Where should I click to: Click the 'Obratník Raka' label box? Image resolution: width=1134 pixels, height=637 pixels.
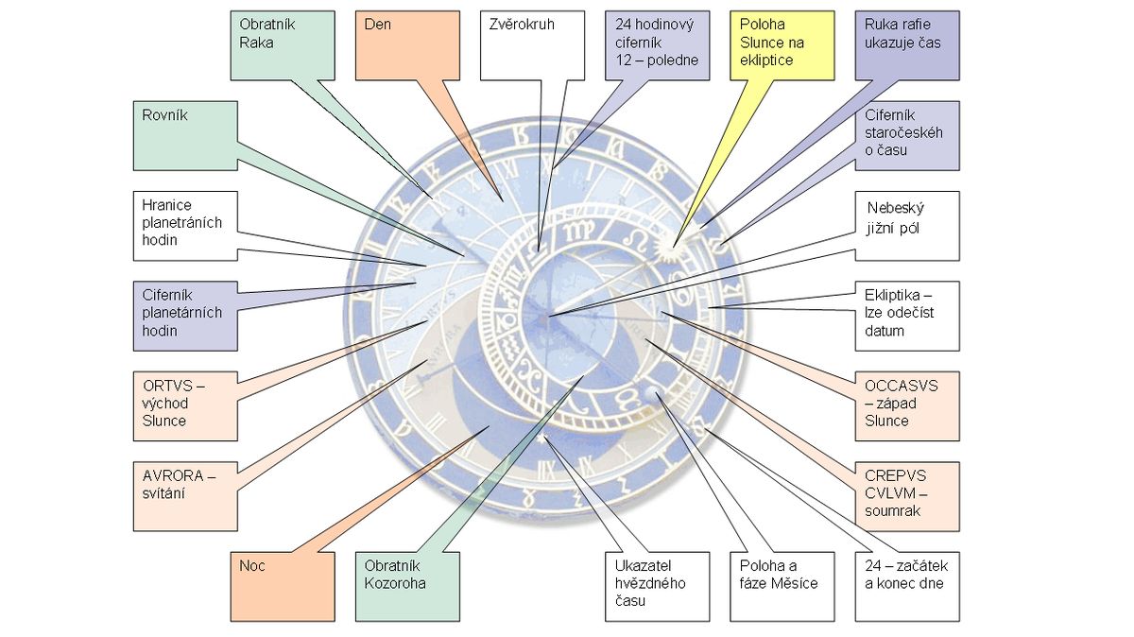pos(283,44)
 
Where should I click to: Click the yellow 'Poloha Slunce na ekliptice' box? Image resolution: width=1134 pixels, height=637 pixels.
pos(781,44)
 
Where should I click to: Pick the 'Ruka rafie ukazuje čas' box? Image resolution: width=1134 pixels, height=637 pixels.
pos(906,44)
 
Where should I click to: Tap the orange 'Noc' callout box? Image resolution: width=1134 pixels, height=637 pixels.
pos(283,587)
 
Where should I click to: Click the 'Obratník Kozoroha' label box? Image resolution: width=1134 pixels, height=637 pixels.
pos(406,587)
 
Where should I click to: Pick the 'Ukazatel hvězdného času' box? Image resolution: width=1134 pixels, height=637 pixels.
pos(656,587)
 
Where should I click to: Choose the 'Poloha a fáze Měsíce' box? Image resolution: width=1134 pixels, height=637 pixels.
pos(781,587)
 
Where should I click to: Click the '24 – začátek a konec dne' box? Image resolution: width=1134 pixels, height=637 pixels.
pos(906,587)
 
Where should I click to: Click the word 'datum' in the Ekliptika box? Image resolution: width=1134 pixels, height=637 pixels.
pos(885,331)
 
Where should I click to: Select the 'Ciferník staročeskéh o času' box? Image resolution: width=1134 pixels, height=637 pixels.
pos(906,135)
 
